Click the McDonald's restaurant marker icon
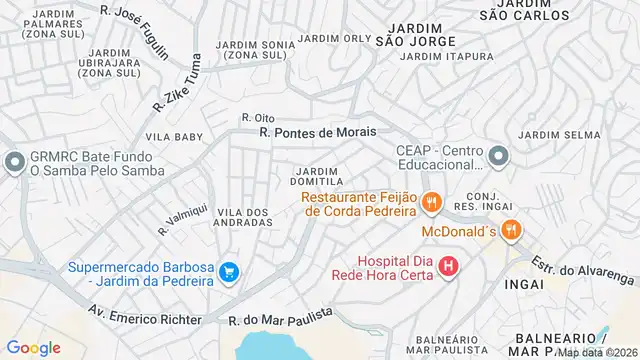(510, 230)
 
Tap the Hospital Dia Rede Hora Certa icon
(448, 266)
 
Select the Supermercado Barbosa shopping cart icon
(230, 272)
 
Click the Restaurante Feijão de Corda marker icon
(432, 203)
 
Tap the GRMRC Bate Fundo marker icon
(13, 161)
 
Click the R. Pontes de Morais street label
(317, 132)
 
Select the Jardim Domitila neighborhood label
(318, 175)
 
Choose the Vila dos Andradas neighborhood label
(244, 217)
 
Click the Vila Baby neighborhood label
(174, 136)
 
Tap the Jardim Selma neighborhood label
(553, 134)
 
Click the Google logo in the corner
(33, 347)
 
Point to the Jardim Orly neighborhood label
(333, 38)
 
